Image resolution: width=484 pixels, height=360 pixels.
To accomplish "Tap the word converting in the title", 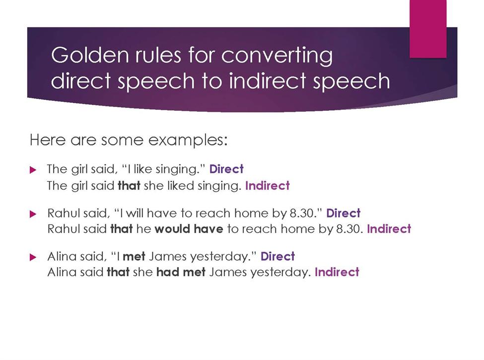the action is [x=277, y=56].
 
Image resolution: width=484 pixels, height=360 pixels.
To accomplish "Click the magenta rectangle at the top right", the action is [x=428, y=29].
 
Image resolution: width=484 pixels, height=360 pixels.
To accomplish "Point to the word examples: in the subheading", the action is [x=188, y=141].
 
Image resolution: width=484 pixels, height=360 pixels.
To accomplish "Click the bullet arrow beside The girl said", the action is [x=33, y=170].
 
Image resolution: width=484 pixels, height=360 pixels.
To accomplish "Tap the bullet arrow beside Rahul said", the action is [x=33, y=214].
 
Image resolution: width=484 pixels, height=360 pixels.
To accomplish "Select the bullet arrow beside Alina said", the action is [x=33, y=257].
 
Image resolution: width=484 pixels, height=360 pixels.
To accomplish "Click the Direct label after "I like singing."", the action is [x=226, y=169].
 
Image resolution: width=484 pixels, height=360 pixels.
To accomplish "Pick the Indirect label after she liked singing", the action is [x=267, y=186].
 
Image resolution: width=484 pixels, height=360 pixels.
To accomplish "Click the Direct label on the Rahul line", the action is [x=343, y=213].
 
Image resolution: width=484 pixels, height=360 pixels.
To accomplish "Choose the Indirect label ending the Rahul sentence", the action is [x=389, y=229].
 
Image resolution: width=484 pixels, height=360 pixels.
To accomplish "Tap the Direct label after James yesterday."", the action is [x=277, y=256].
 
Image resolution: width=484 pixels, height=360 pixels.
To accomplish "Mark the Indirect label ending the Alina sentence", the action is [x=337, y=272].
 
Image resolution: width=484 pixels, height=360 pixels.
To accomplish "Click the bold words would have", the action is [x=189, y=229].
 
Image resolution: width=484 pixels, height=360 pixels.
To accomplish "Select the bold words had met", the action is [x=181, y=272].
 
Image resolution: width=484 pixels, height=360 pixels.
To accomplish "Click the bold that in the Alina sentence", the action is [x=118, y=272].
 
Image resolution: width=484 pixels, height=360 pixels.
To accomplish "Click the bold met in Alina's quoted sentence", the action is [x=134, y=257].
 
